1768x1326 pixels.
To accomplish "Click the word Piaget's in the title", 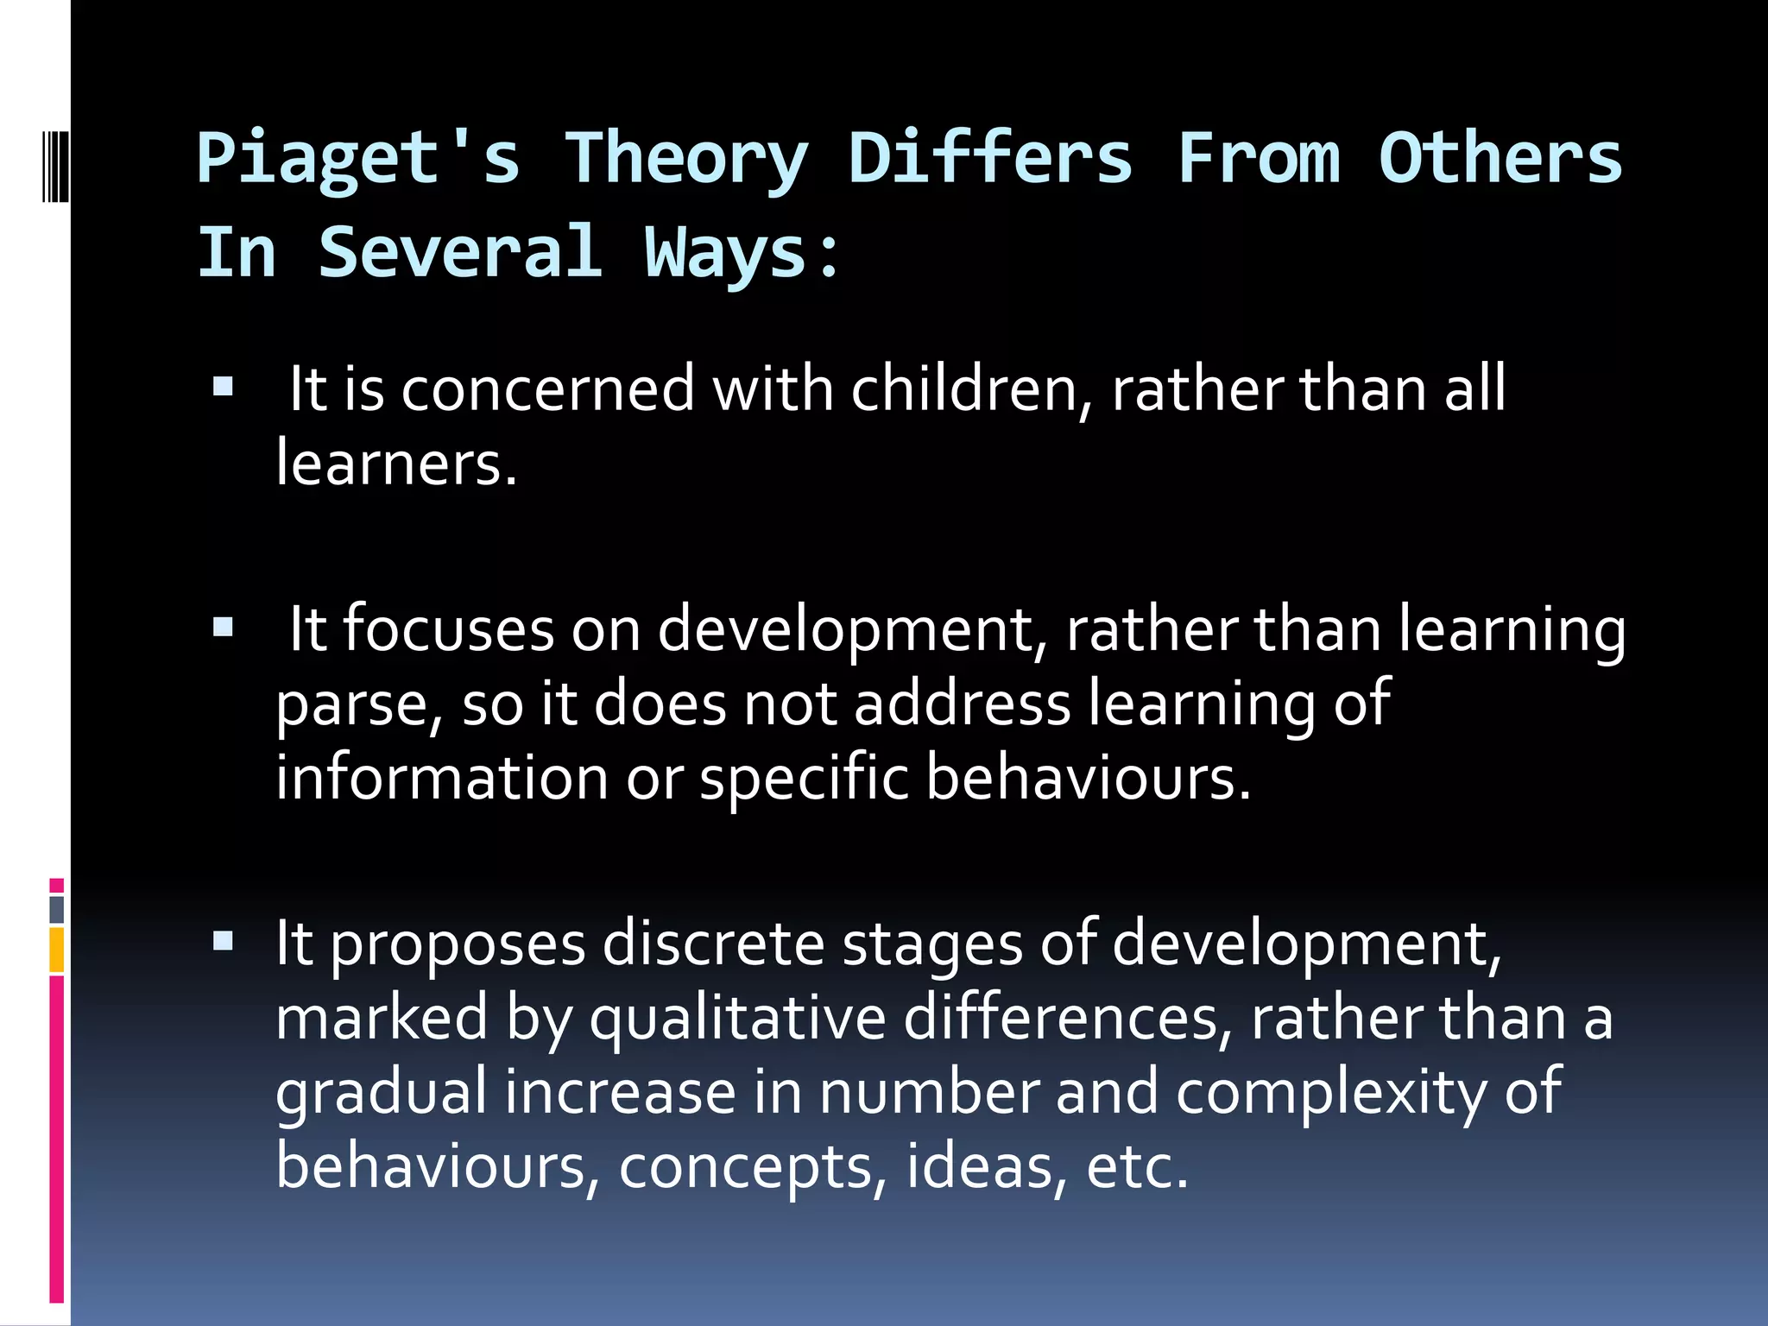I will (358, 160).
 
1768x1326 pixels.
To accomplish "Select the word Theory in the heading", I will (686, 160).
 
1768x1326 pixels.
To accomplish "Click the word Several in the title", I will (460, 252).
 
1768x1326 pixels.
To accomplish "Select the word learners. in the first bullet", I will (396, 464).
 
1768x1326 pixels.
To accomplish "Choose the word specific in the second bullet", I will (804, 777).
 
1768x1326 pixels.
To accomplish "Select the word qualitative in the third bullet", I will (738, 1018).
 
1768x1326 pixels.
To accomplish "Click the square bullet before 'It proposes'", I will (224, 940).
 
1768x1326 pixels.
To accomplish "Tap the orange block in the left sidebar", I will (57, 950).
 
